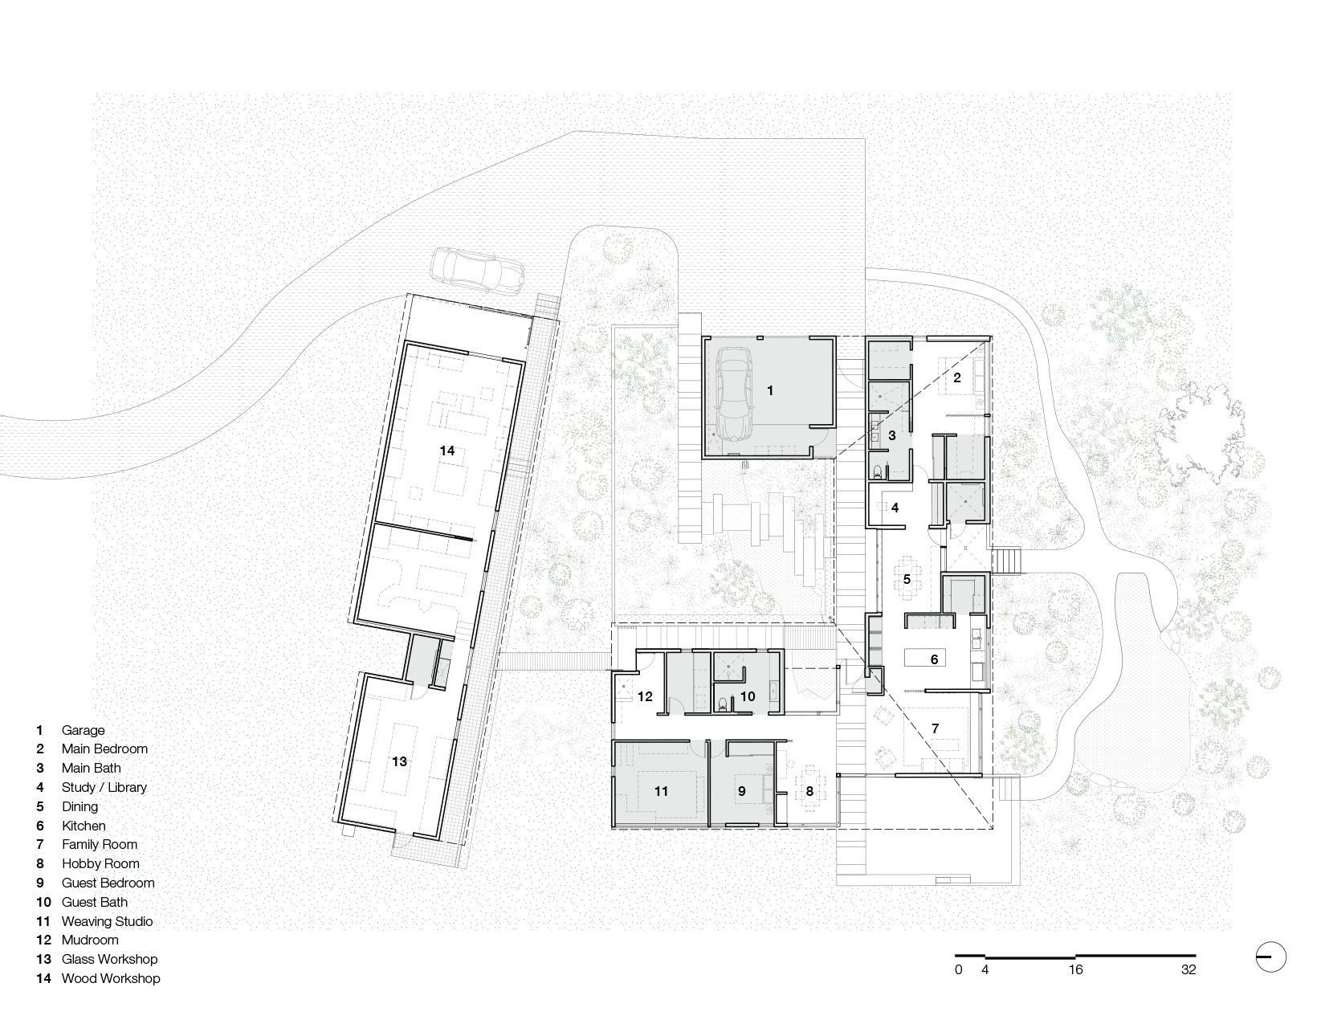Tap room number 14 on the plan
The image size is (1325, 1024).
tap(447, 451)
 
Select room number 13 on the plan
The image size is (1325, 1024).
tap(400, 761)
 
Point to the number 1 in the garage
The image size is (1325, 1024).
tap(770, 390)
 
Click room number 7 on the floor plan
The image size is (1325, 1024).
tap(936, 728)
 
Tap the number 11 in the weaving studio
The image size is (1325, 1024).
tap(661, 791)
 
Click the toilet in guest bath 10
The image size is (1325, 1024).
tap(724, 704)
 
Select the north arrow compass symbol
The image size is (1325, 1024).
tap(1270, 956)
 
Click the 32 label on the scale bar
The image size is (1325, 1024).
tap(1188, 969)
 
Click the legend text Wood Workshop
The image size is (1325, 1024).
tap(111, 978)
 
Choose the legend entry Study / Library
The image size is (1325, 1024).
tap(104, 787)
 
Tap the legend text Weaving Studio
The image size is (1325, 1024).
tap(107, 921)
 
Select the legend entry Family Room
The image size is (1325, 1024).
tap(100, 844)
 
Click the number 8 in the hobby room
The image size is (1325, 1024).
tap(809, 791)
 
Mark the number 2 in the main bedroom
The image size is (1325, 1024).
tap(957, 377)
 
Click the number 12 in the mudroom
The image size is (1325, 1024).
tap(645, 696)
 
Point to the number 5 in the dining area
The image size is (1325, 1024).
tap(907, 578)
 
